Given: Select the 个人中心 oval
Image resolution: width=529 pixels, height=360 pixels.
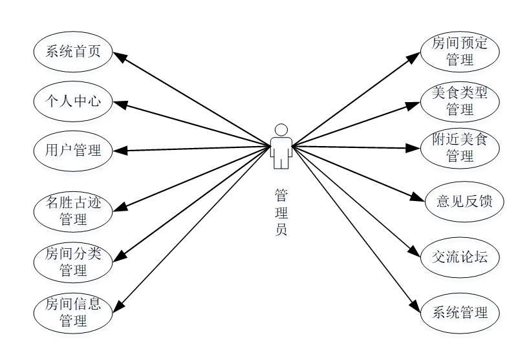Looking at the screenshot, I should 72,101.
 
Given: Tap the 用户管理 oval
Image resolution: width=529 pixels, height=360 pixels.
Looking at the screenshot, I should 72,151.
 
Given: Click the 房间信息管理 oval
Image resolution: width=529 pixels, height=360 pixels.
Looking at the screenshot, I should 72,312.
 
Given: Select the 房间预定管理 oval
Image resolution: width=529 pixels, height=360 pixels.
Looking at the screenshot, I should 460,52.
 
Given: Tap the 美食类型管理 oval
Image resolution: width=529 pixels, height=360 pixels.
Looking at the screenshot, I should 460,100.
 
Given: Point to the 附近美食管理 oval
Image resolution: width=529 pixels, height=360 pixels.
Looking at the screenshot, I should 460,147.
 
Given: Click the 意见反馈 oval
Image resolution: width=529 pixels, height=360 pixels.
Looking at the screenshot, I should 460,202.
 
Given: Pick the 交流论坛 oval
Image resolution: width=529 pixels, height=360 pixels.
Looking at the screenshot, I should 460,257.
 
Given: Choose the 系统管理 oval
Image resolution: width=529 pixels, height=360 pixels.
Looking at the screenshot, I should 460,313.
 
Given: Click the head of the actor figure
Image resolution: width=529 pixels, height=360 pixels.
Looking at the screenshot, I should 281,129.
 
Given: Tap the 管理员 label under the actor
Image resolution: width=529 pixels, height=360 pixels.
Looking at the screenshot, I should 281,211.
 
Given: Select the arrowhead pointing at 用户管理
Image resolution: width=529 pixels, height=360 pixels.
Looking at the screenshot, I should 120,151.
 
